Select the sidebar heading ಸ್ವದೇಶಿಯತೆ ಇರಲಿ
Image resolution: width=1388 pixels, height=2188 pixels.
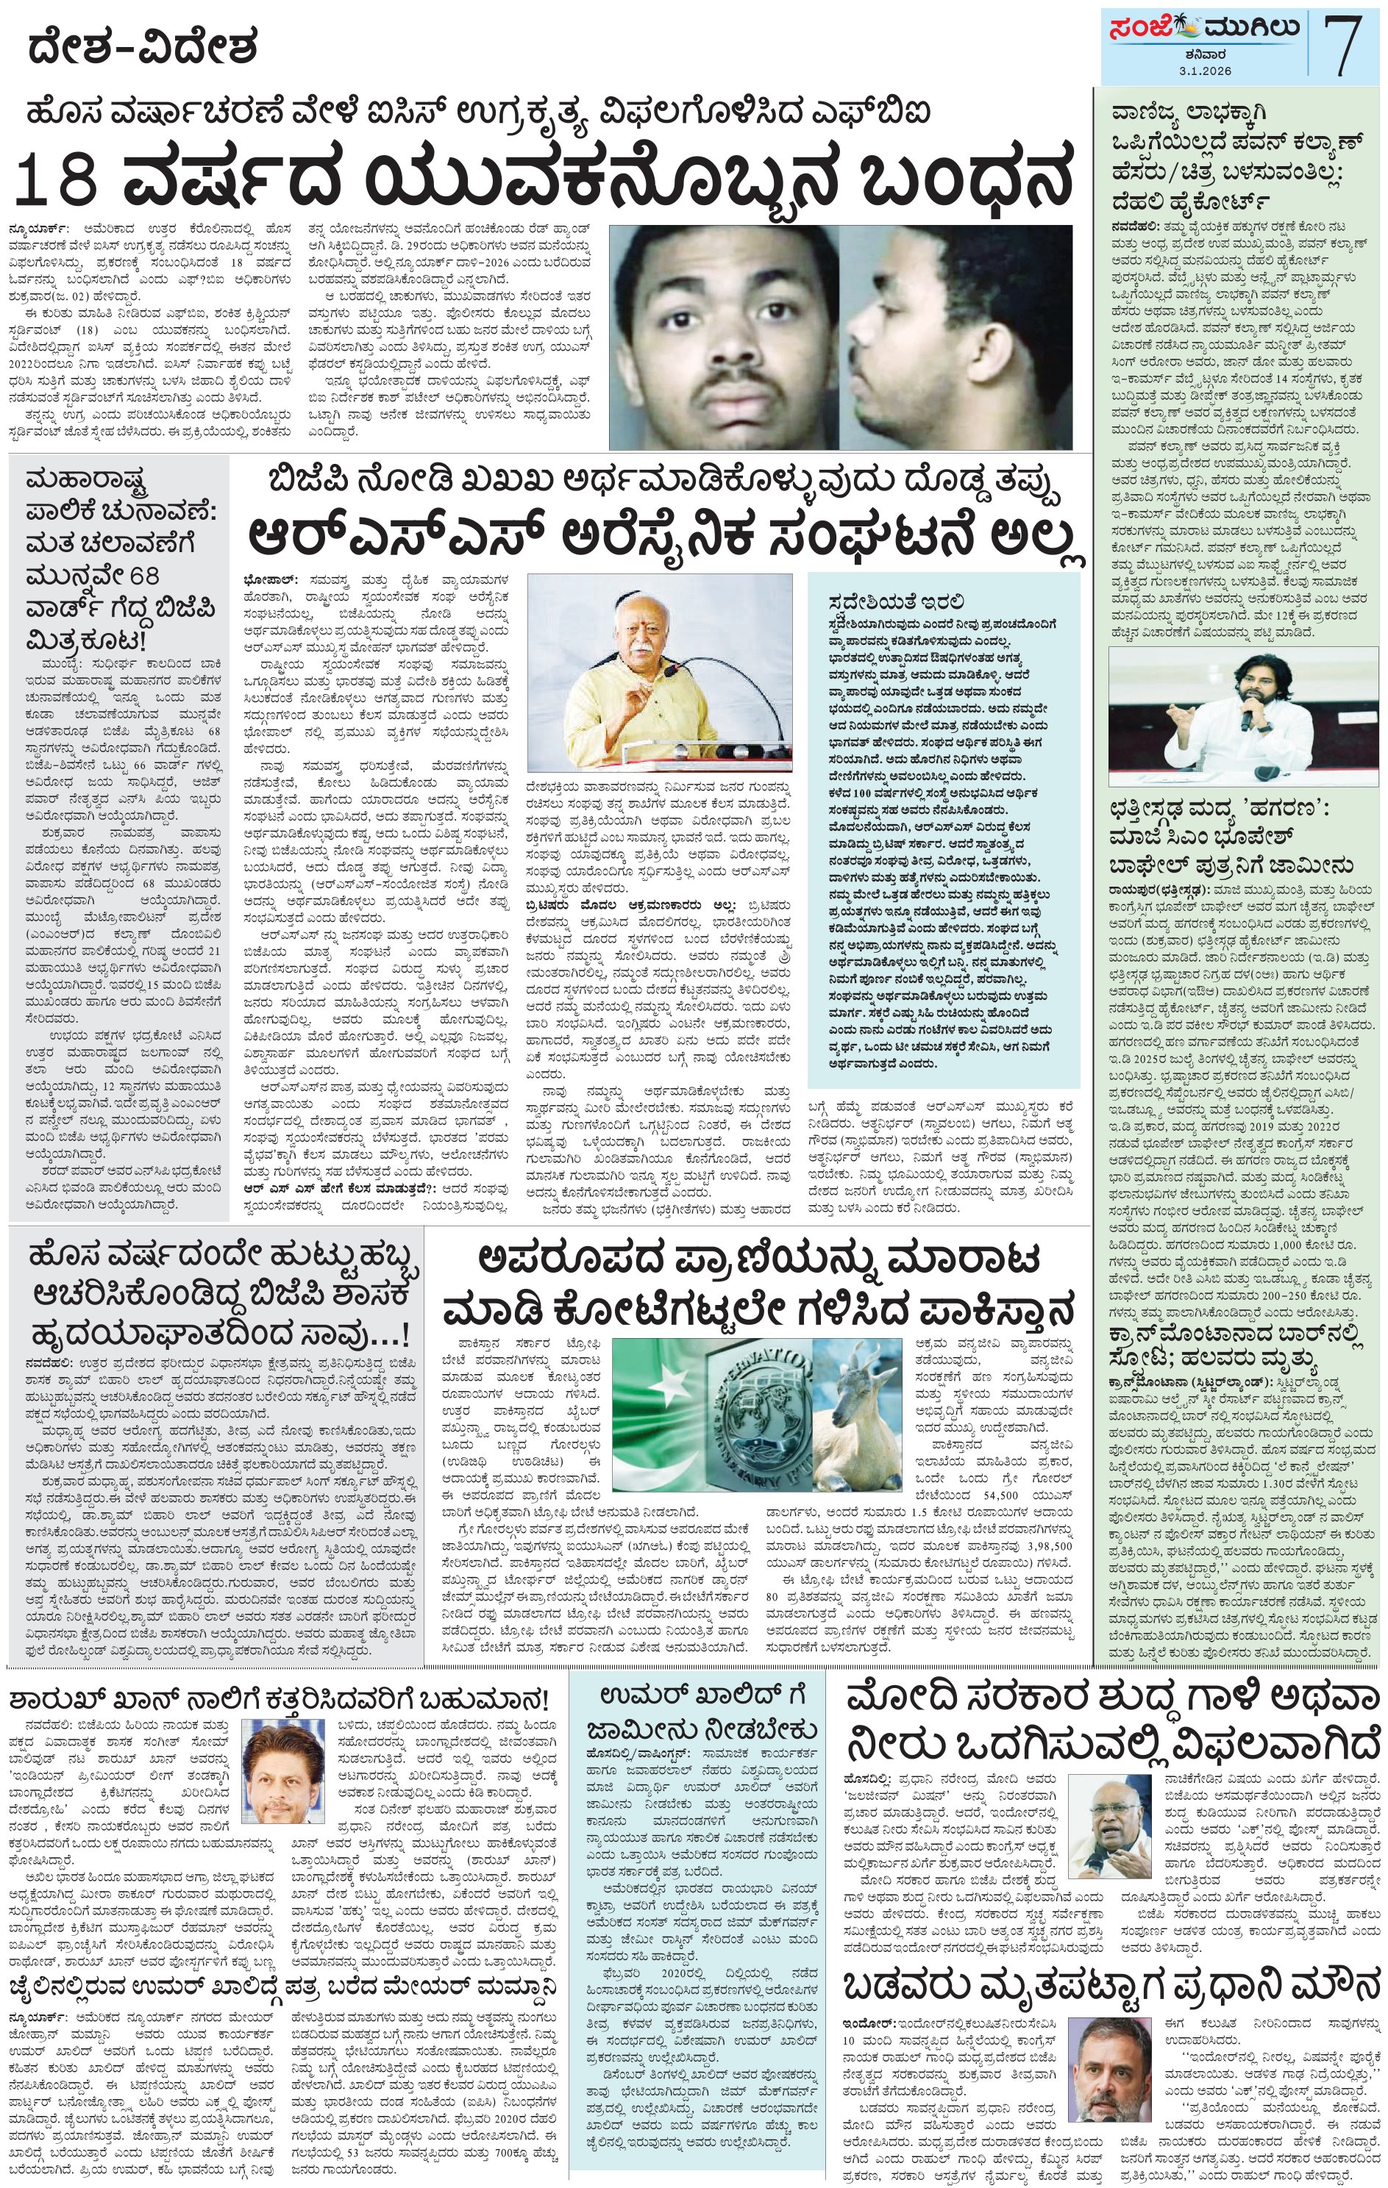(895, 601)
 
